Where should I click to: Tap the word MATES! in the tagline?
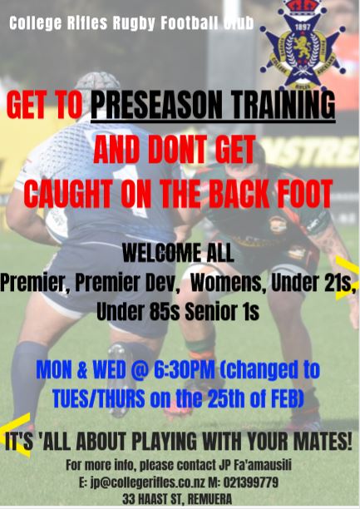315,438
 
